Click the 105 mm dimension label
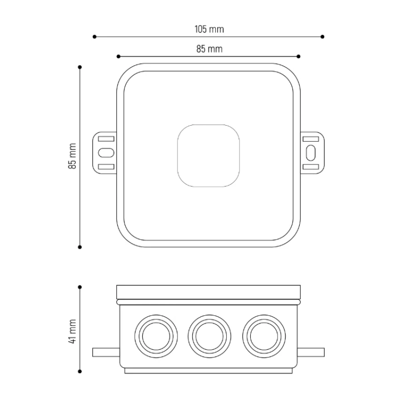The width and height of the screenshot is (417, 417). pos(209,29)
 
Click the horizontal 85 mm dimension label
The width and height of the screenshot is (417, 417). pos(209,49)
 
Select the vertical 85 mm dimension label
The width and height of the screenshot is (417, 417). pos(72,156)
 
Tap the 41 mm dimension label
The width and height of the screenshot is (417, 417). pos(72,331)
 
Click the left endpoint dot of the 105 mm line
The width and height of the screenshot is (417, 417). pos(95,37)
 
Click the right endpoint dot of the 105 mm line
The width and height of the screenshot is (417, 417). pos(322,37)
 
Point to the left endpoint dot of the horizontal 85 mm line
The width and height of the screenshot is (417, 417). pos(118,56)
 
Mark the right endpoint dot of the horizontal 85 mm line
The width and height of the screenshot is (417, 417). pos(299,56)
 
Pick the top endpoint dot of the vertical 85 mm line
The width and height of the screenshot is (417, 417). pos(80,67)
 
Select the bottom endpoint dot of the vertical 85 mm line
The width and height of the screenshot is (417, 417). pos(80,247)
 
